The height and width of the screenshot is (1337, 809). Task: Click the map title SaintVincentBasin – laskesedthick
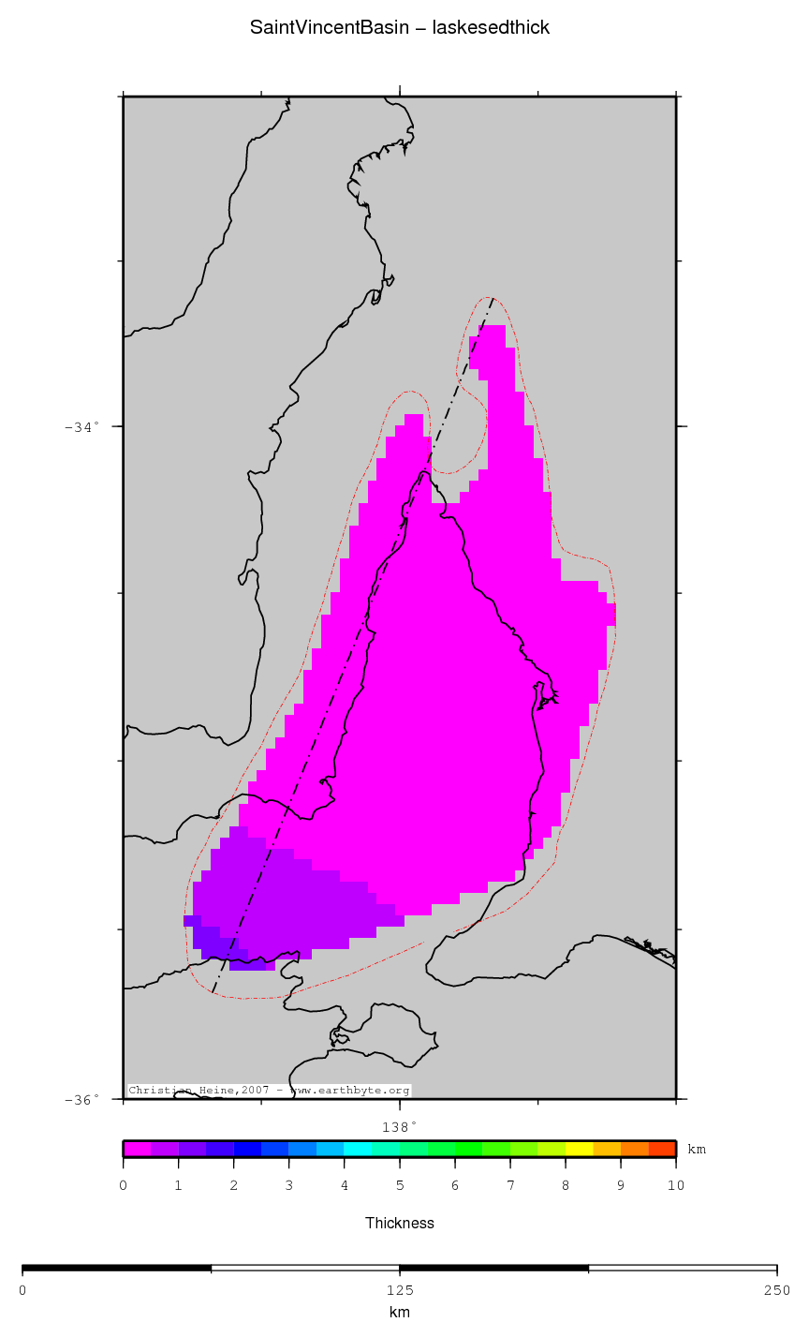pos(400,28)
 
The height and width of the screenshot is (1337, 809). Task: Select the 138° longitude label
pos(400,1126)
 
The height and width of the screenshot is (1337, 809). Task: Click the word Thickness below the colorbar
pos(400,1223)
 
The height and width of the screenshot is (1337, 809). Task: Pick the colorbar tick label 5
pos(400,1186)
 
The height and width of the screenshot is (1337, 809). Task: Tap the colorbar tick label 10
pos(675,1186)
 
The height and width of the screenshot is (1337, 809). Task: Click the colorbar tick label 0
pos(124,1186)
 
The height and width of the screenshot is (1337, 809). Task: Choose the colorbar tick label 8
pos(566,1186)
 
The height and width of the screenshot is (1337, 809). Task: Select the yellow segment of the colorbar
pos(579,1149)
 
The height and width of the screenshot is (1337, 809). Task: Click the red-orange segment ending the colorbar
pos(662,1149)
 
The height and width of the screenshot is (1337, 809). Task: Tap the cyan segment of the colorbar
pos(358,1149)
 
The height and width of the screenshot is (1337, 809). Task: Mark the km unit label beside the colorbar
pos(698,1149)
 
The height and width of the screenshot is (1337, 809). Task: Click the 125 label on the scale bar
pos(400,1290)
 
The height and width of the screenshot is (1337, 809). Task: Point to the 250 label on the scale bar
pos(776,1290)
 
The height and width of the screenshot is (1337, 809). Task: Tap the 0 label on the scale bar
pos(22,1290)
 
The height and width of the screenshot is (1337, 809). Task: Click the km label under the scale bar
pos(400,1313)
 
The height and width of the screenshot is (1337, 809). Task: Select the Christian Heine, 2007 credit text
pos(270,1091)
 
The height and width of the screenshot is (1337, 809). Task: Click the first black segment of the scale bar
pos(116,1269)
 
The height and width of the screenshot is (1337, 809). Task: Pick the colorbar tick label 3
pos(289,1186)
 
